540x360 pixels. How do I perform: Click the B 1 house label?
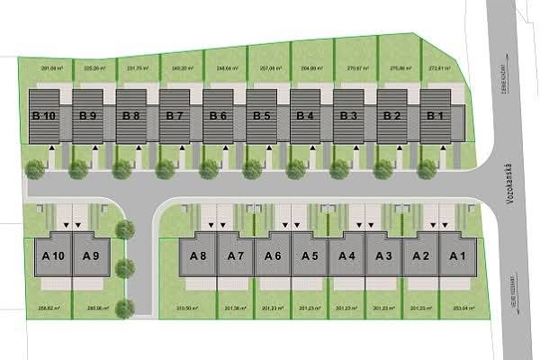click(436, 115)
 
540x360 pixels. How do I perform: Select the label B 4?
click(304, 115)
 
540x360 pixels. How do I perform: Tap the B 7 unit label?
click(174, 115)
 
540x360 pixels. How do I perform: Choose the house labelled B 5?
click(261, 115)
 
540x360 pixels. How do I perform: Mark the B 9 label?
click(87, 115)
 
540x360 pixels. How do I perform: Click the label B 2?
click(391, 115)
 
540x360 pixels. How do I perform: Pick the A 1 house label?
click(457, 256)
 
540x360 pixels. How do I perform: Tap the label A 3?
click(383, 256)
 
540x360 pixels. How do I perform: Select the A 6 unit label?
click(274, 256)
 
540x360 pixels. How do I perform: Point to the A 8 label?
click(198, 256)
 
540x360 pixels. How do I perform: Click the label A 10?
click(52, 256)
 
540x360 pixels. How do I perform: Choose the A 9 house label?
click(90, 256)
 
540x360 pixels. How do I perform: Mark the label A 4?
click(346, 256)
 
